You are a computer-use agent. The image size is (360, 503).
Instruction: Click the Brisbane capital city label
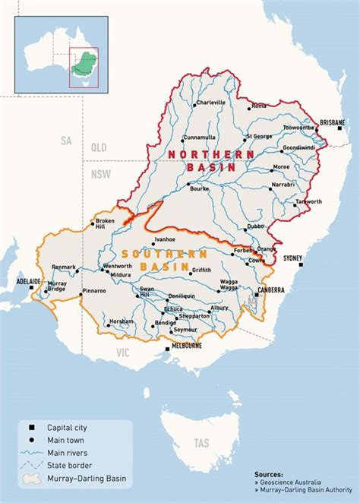[x=332, y=122]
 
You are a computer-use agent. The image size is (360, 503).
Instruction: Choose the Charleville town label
[x=210, y=102]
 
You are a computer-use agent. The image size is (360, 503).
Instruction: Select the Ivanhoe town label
[x=165, y=239]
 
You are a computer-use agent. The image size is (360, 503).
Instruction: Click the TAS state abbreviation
[x=201, y=442]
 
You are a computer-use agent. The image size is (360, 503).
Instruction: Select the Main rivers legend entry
[x=65, y=452]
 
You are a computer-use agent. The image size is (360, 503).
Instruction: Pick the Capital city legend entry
[x=67, y=427]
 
